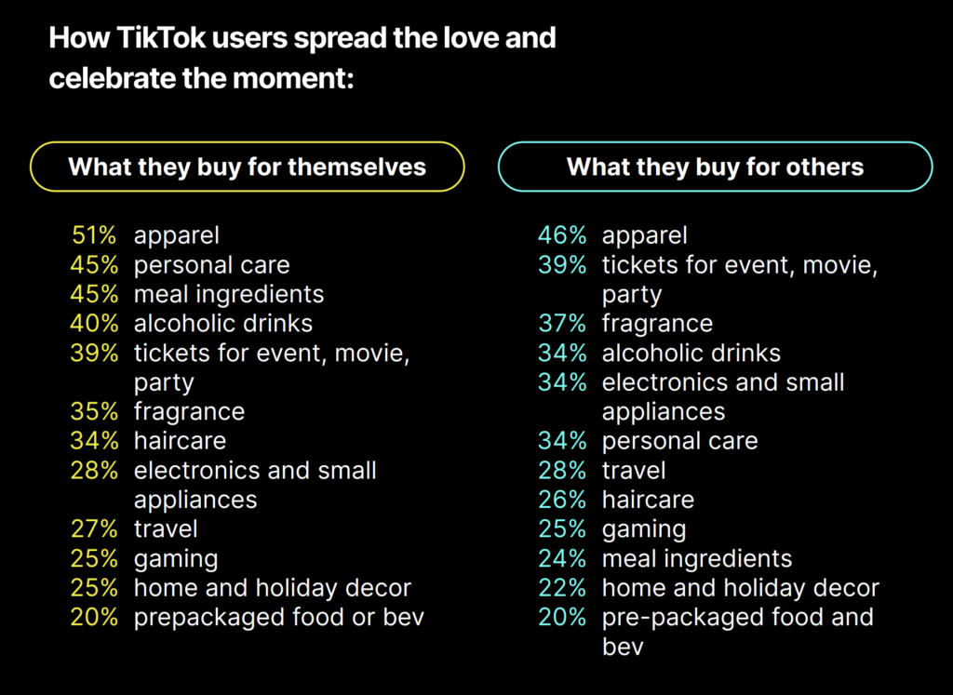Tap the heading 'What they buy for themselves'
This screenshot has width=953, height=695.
248,167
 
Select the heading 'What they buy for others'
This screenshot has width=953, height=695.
715,167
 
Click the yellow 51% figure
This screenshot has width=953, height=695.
94,236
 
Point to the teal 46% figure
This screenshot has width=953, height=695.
562,236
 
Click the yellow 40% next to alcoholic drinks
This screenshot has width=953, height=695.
94,324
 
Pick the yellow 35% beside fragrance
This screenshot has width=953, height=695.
94,412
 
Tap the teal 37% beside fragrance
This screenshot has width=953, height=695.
562,324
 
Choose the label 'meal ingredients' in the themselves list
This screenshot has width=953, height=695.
229,295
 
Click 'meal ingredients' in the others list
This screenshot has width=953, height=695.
697,559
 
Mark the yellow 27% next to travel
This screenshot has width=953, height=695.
94,529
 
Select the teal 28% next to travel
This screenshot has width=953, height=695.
562,471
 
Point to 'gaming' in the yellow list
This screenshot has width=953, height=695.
176,559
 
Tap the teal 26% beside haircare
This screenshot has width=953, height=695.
562,500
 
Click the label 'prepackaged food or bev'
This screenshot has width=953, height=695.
278,618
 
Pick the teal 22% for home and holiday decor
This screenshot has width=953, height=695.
562,588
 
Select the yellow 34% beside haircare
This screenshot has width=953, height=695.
94,441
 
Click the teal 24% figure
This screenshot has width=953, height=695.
562,559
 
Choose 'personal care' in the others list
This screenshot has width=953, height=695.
679,441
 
